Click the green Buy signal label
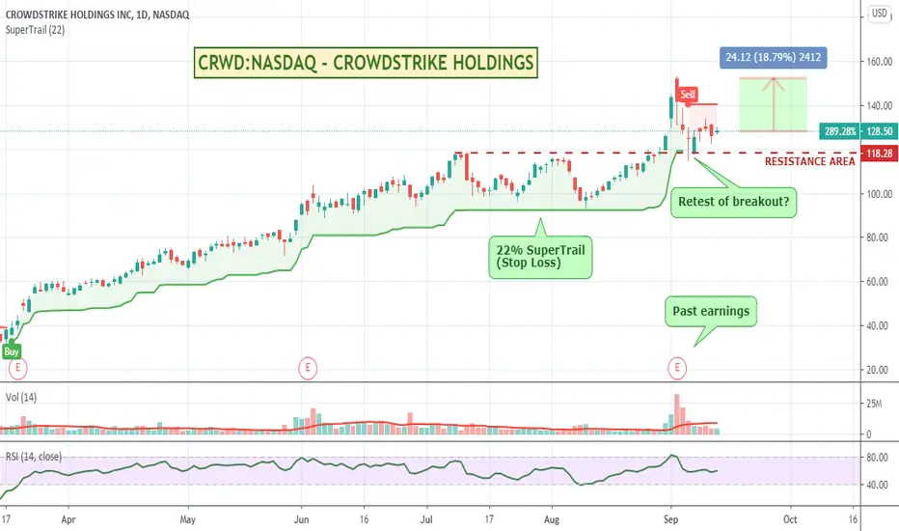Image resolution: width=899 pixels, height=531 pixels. pos(12,351)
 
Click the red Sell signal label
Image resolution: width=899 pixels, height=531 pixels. pos(688,95)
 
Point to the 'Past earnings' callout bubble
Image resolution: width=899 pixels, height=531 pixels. pos(706,312)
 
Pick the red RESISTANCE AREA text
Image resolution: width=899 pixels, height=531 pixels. pos(809,162)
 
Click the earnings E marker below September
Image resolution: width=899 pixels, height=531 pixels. pos(677,367)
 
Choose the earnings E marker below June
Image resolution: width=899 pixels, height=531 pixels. pos(307,367)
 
